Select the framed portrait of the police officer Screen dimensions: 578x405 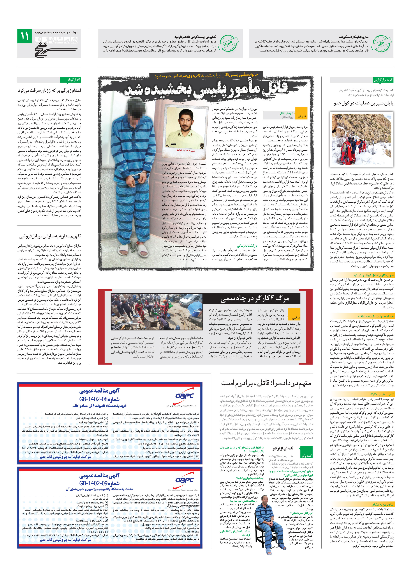click(x=185, y=127)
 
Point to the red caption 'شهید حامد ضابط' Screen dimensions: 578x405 click(x=186, y=150)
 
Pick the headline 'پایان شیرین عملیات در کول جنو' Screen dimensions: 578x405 click(x=363, y=103)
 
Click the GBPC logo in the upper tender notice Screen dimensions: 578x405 click(x=184, y=396)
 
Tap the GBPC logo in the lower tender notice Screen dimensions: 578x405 click(x=184, y=480)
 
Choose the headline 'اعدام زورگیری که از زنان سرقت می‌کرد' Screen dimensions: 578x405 click(x=49, y=90)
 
